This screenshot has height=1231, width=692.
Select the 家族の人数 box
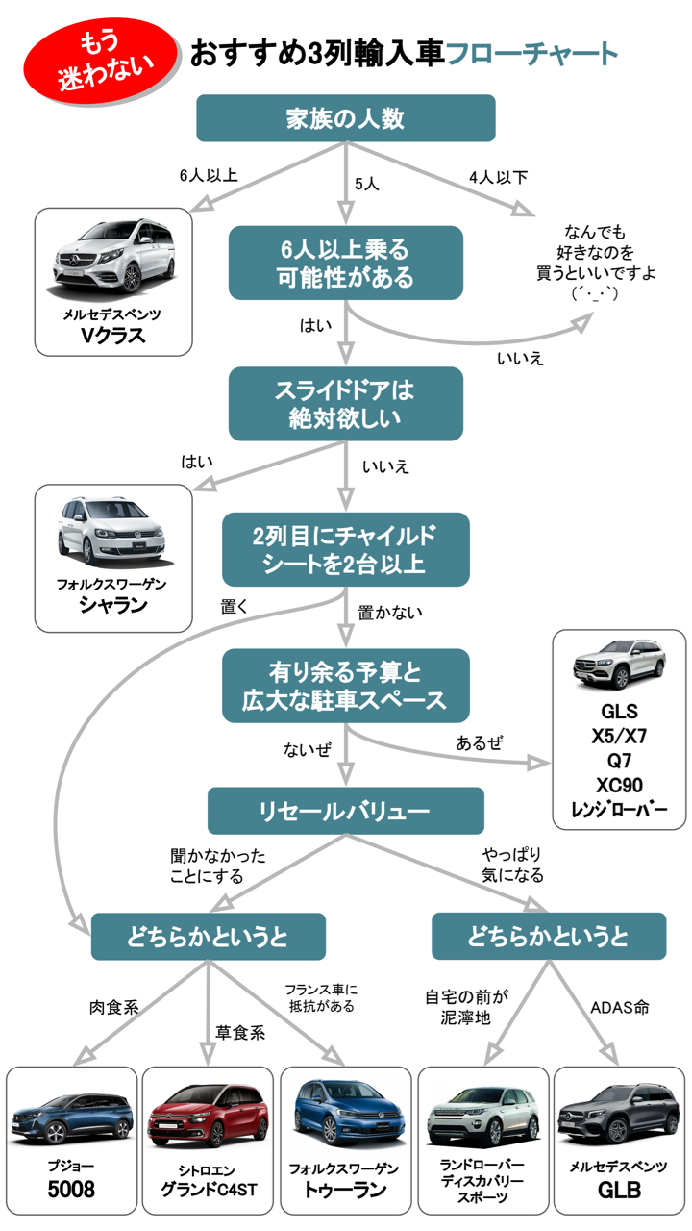pyautogui.click(x=345, y=118)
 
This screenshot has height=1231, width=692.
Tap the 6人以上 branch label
pyautogui.click(x=208, y=176)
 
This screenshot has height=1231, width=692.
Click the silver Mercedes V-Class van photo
pyautogui.click(x=113, y=256)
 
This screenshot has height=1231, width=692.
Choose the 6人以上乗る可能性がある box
pyautogui.click(x=345, y=263)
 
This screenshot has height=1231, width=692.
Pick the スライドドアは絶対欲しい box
pyautogui.click(x=345, y=404)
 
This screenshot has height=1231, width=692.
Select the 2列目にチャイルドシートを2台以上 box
pyautogui.click(x=345, y=549)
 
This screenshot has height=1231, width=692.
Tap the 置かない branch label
pyautogui.click(x=390, y=612)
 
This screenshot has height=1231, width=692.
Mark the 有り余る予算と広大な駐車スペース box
pyautogui.click(x=345, y=686)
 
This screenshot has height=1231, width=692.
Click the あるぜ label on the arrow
pyautogui.click(x=480, y=742)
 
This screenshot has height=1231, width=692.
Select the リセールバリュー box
pyautogui.click(x=345, y=811)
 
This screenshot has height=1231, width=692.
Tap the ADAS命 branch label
pyautogui.click(x=620, y=1008)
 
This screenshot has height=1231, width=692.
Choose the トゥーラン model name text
pyautogui.click(x=345, y=1191)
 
